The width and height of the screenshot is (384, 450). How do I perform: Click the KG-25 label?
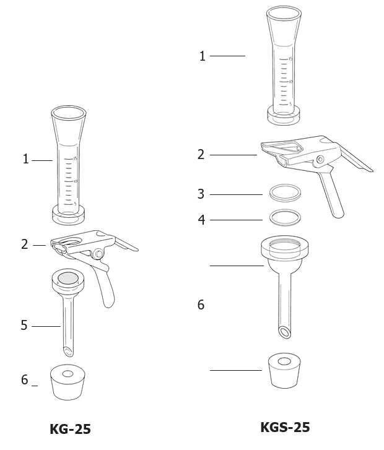click(x=70, y=429)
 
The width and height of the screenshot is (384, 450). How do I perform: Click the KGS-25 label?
click(x=285, y=427)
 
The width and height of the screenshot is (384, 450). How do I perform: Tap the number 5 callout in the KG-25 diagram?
click(x=24, y=326)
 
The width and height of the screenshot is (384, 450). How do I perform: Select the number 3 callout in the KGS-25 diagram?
click(x=201, y=194)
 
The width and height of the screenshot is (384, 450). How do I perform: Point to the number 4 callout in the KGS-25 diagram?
click(x=202, y=220)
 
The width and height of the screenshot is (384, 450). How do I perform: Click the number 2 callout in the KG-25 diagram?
click(x=25, y=244)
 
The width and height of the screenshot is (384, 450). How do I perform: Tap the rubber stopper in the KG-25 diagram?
click(x=68, y=382)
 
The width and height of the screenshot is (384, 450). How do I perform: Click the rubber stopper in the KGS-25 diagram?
click(x=284, y=371)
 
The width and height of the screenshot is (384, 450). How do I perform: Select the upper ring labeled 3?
click(x=285, y=193)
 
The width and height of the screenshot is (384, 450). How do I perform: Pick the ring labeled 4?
click(x=285, y=217)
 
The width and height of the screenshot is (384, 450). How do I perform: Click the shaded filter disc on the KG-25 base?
click(x=68, y=277)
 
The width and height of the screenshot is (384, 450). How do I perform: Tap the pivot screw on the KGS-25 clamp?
click(x=321, y=159)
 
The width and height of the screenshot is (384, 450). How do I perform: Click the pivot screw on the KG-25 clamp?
click(x=99, y=254)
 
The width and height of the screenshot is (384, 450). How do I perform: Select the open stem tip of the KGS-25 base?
click(x=285, y=332)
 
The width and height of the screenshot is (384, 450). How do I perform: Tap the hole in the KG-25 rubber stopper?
click(x=68, y=374)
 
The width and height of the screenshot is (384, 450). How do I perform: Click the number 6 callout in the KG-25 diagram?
click(x=25, y=379)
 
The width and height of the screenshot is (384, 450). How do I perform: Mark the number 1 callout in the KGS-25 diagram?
click(x=203, y=56)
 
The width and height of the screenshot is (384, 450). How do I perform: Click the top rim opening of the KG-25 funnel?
click(x=69, y=113)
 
